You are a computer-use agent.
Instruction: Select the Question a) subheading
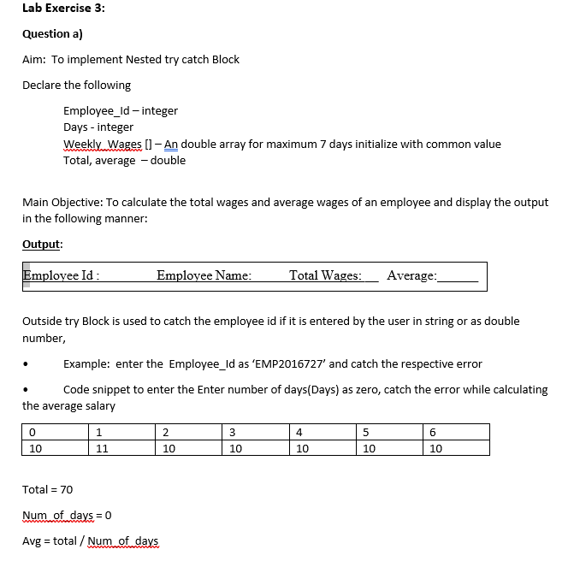point(52,33)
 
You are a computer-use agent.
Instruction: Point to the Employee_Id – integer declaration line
point(120,110)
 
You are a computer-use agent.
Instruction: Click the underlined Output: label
point(42,243)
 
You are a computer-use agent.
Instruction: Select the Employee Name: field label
point(204,275)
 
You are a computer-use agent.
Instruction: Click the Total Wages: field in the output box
point(325,275)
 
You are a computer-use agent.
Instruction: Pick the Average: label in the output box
point(411,275)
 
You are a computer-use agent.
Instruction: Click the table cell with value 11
point(102,447)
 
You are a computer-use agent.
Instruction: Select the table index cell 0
point(32,431)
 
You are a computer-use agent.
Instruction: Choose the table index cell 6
point(434,431)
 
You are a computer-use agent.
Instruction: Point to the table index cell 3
point(234,431)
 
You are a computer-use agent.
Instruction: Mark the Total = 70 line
point(47,489)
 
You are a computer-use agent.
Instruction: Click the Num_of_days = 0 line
point(67,515)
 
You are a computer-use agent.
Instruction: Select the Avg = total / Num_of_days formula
point(90,540)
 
